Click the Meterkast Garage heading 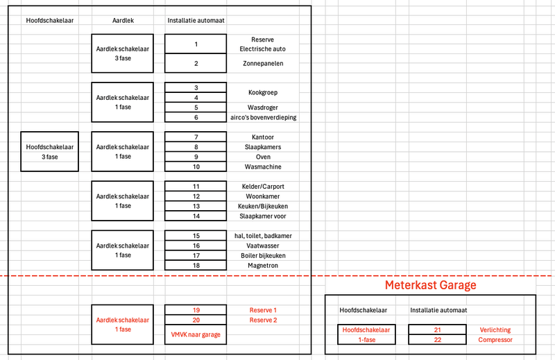point(430,285)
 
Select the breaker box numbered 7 point(196,137)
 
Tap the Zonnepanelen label point(262,64)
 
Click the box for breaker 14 point(196,216)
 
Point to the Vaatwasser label point(262,246)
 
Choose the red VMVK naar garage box point(196,334)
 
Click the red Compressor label point(495,340)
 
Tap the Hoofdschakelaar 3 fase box point(49,151)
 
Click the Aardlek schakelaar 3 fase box point(123,53)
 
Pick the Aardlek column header point(123,20)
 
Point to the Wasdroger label point(262,108)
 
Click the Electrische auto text point(262,49)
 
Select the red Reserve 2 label point(262,320)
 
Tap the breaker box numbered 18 point(196,265)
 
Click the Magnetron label point(262,265)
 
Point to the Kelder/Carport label point(262,187)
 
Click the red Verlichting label point(495,330)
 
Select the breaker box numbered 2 point(196,64)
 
